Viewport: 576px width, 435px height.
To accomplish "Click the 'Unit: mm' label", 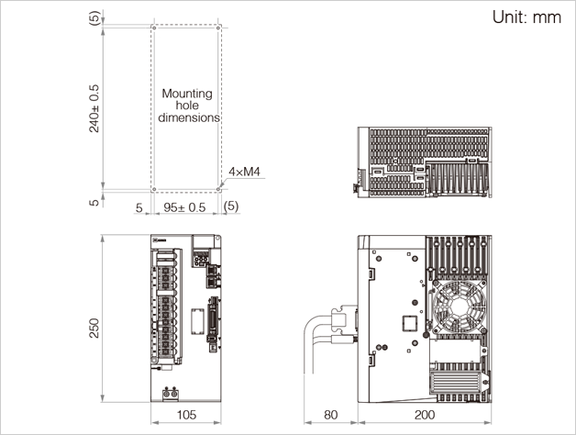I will (526, 17).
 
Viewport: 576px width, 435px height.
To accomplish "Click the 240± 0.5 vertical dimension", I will (94, 109).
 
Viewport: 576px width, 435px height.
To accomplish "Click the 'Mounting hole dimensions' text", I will (187, 106).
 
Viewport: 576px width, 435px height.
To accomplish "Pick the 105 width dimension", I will (186, 416).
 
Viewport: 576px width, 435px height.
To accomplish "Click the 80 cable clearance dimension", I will (330, 416).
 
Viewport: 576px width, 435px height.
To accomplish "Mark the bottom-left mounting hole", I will (153, 190).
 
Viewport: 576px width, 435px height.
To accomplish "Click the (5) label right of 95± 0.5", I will (231, 207).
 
